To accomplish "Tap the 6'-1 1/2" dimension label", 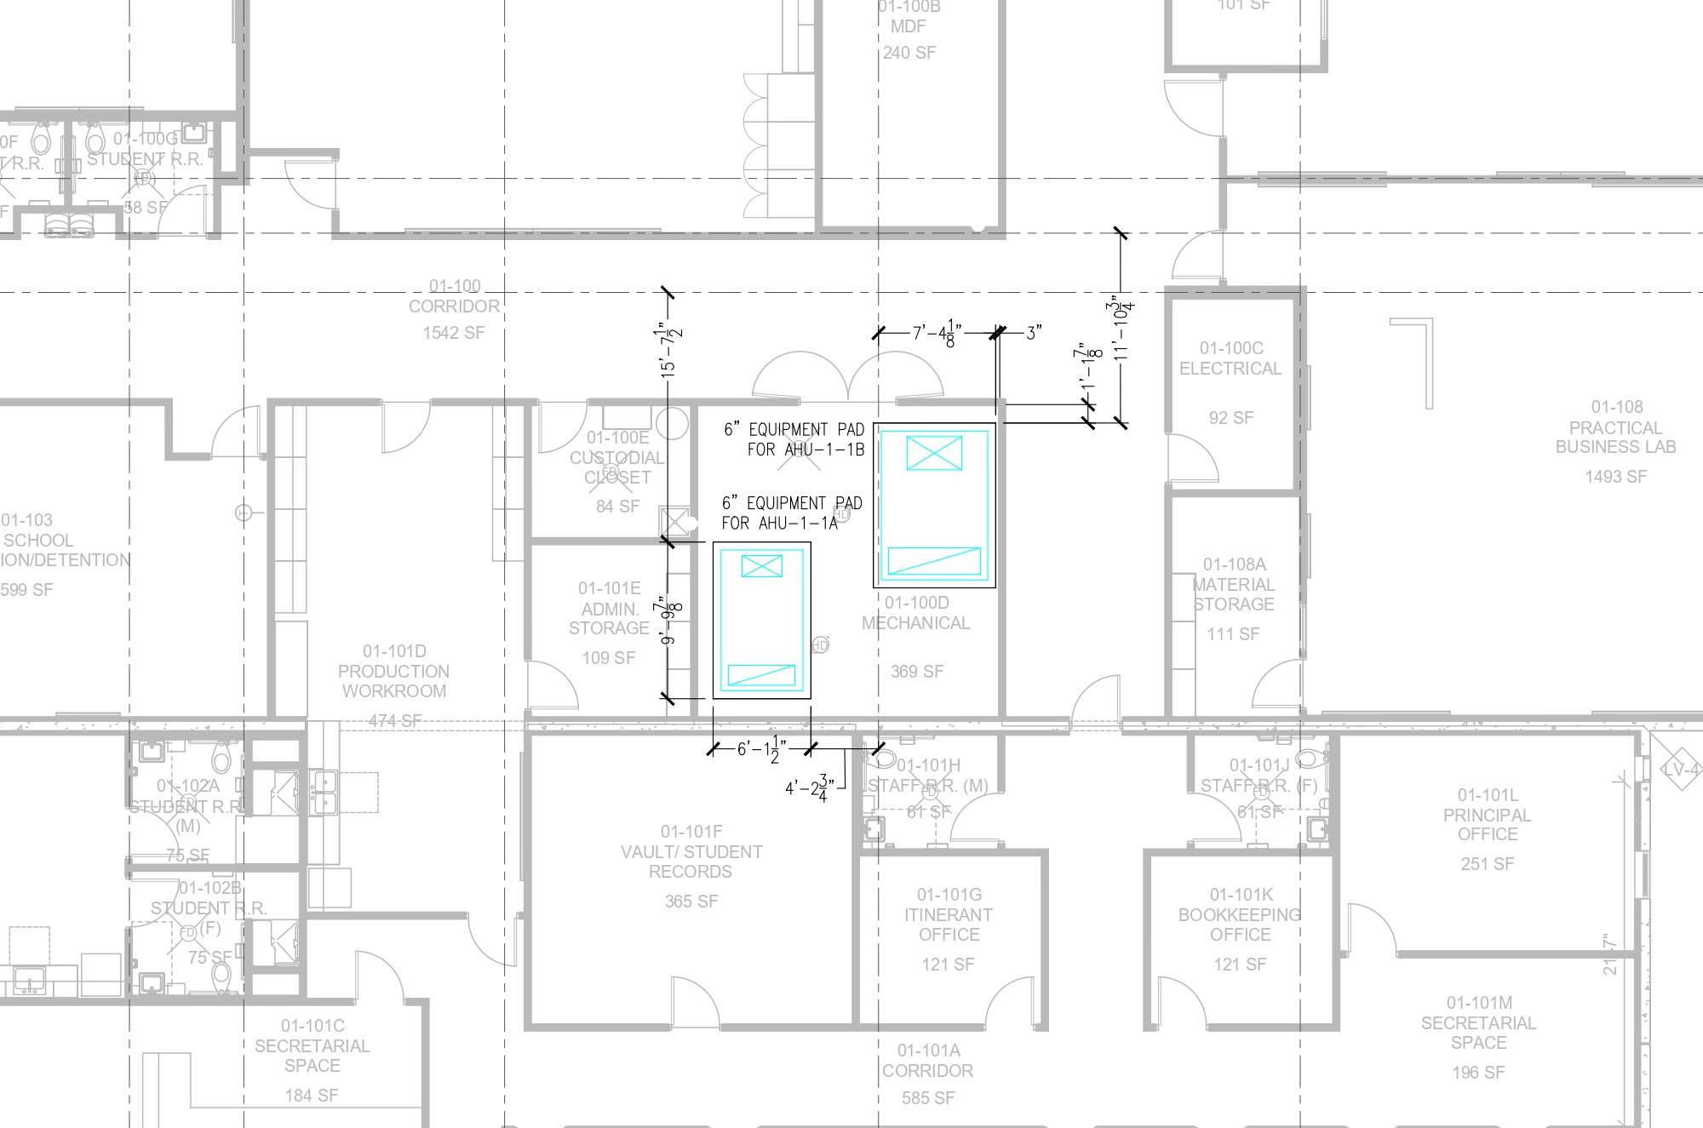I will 759,749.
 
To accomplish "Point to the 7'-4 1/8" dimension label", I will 937,333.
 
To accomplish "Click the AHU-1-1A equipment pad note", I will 792,513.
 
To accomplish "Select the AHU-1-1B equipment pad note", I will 794,439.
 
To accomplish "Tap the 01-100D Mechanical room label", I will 915,613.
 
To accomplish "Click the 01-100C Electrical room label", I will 1230,358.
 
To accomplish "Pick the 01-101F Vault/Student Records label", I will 691,851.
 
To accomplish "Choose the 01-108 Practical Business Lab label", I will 1615,427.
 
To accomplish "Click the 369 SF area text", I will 917,672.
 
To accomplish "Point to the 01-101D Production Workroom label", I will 393,672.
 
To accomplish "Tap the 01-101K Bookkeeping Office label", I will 1240,914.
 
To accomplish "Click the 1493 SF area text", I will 1615,477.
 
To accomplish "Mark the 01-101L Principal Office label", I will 1487,815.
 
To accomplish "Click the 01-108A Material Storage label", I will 1233,584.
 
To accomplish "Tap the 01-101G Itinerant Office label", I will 949,914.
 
